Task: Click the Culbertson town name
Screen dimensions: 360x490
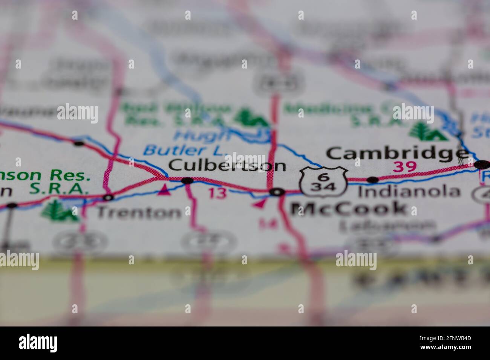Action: pyautogui.click(x=227, y=165)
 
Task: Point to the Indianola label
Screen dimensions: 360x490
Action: pyautogui.click(x=409, y=192)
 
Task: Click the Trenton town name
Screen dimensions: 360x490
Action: pyautogui.click(x=139, y=213)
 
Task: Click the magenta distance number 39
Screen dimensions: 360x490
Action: pyautogui.click(x=404, y=166)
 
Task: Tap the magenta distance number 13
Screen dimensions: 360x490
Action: pyautogui.click(x=217, y=193)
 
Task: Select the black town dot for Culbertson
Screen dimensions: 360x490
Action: pyautogui.click(x=187, y=180)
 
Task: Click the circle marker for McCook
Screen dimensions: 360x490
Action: pyautogui.click(x=277, y=192)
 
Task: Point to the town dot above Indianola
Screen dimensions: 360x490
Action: pyautogui.click(x=372, y=180)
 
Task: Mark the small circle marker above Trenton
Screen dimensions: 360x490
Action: pyautogui.click(x=109, y=197)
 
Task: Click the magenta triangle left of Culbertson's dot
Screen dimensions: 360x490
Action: pyautogui.click(x=163, y=190)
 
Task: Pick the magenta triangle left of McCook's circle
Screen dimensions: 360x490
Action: pyautogui.click(x=259, y=204)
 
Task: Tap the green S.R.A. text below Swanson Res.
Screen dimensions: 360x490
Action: pyautogui.click(x=59, y=189)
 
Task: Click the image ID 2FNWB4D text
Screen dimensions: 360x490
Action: pyautogui.click(x=447, y=344)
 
